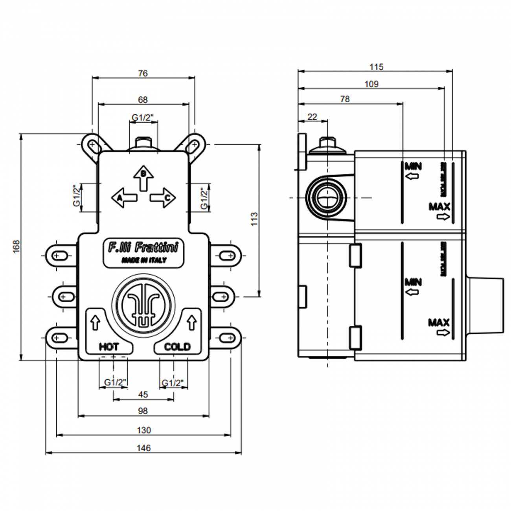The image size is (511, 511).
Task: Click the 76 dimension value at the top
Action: tap(143, 73)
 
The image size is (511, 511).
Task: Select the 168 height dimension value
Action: tap(16, 246)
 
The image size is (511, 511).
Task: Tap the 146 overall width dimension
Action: tap(144, 448)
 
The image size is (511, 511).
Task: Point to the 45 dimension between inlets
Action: tap(143, 394)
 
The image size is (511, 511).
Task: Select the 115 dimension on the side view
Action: tap(376, 67)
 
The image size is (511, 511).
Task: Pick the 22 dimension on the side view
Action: tap(312, 117)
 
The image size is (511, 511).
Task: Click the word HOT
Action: tap(109, 347)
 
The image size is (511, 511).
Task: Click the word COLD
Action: tap(177, 347)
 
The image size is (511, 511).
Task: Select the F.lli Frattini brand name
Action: tap(143, 248)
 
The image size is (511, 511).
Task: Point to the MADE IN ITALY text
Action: tap(143, 260)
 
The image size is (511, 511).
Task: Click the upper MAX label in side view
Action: tap(439, 206)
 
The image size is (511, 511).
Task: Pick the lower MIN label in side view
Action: tap(413, 282)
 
